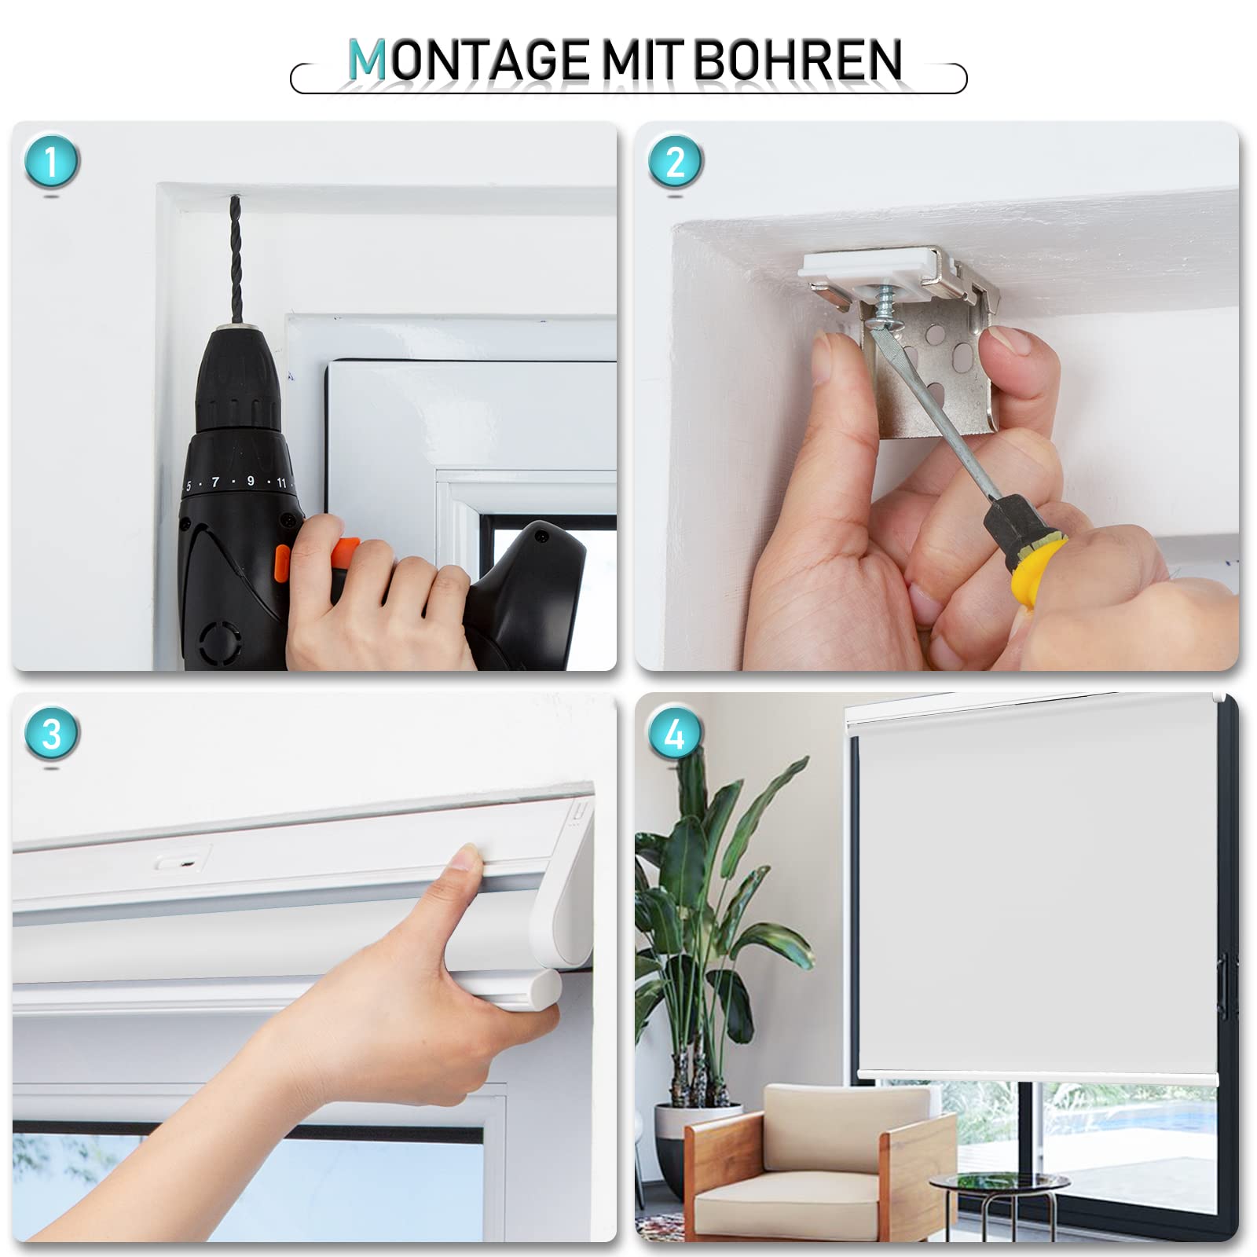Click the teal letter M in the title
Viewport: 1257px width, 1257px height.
(x=366, y=60)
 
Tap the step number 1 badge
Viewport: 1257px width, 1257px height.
(x=51, y=162)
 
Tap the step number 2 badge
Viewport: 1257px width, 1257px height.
(x=675, y=162)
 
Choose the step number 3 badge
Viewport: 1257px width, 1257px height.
(x=51, y=734)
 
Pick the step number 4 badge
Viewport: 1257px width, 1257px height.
(x=675, y=734)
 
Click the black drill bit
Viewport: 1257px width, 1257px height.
(x=235, y=259)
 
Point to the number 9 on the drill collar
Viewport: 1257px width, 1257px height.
(x=251, y=480)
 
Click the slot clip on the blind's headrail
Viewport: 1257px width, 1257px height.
(x=183, y=861)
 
